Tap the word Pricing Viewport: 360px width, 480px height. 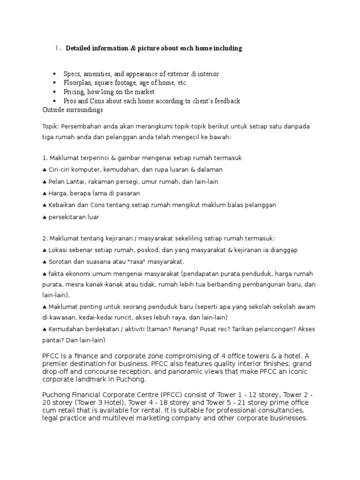coord(74,92)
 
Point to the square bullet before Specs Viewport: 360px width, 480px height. coord(54,75)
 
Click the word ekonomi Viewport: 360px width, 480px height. coord(77,274)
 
